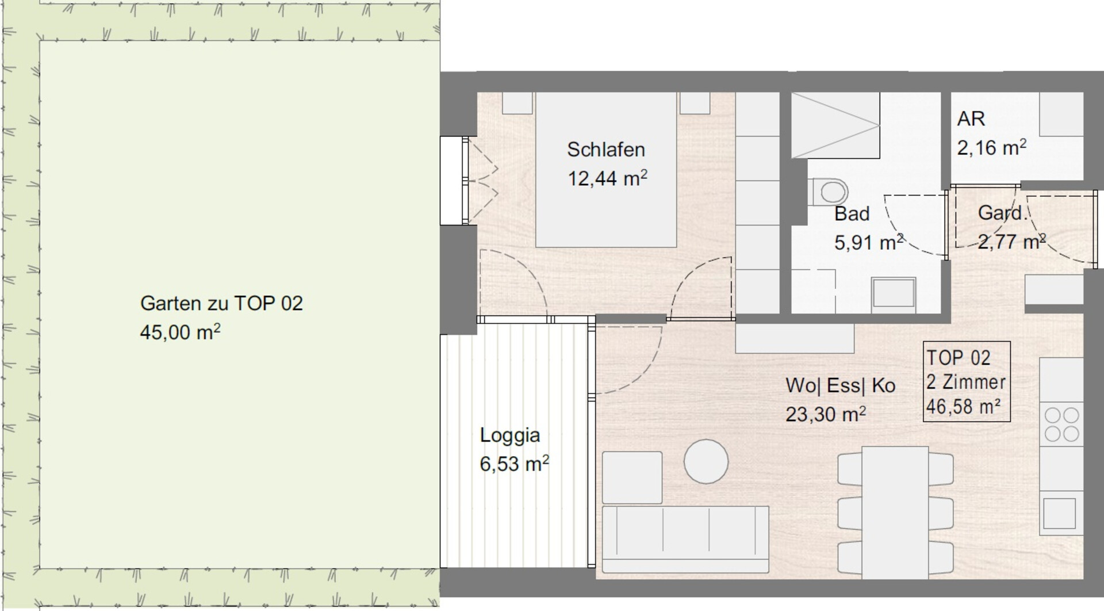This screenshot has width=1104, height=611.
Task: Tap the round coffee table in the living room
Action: [x=706, y=461]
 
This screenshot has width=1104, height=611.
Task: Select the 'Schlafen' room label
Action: [x=606, y=150]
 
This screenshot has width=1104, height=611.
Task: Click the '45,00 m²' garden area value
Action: [x=180, y=332]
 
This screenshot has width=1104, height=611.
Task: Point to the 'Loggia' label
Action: [x=510, y=436]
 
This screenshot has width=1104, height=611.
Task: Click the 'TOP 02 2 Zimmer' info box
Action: [x=967, y=382]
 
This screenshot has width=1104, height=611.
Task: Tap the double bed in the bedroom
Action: [x=606, y=170]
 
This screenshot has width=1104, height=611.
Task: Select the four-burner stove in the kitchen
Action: [x=1061, y=424]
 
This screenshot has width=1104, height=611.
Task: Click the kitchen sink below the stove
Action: [x=1059, y=513]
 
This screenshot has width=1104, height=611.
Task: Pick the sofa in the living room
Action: [x=685, y=540]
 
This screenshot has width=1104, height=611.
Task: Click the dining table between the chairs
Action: [x=895, y=512]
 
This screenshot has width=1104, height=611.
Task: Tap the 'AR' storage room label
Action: [x=971, y=119]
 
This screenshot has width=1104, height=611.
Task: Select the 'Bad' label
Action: [x=852, y=214]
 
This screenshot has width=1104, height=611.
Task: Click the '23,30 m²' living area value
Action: [x=826, y=414]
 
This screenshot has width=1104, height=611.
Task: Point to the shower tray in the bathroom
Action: [x=835, y=125]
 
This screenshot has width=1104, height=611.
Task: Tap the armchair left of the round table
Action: [x=632, y=478]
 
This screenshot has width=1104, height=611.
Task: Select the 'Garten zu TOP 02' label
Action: [x=221, y=303]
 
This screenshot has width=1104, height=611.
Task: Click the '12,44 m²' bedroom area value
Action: [x=608, y=178]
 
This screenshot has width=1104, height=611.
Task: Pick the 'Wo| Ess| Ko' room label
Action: [x=841, y=385]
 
